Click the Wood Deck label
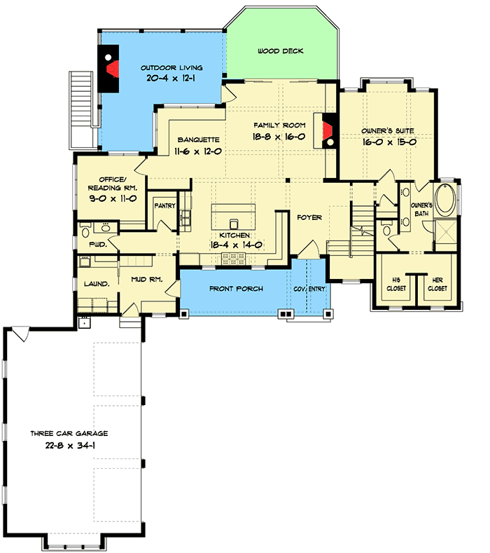coord(279,51)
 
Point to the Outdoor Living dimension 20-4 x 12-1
coord(175,79)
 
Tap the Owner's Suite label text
coord(388,130)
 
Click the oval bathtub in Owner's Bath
coord(445,197)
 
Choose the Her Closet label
coord(437,284)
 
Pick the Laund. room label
coord(96,284)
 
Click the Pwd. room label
coord(97,244)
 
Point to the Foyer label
coord(309,218)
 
